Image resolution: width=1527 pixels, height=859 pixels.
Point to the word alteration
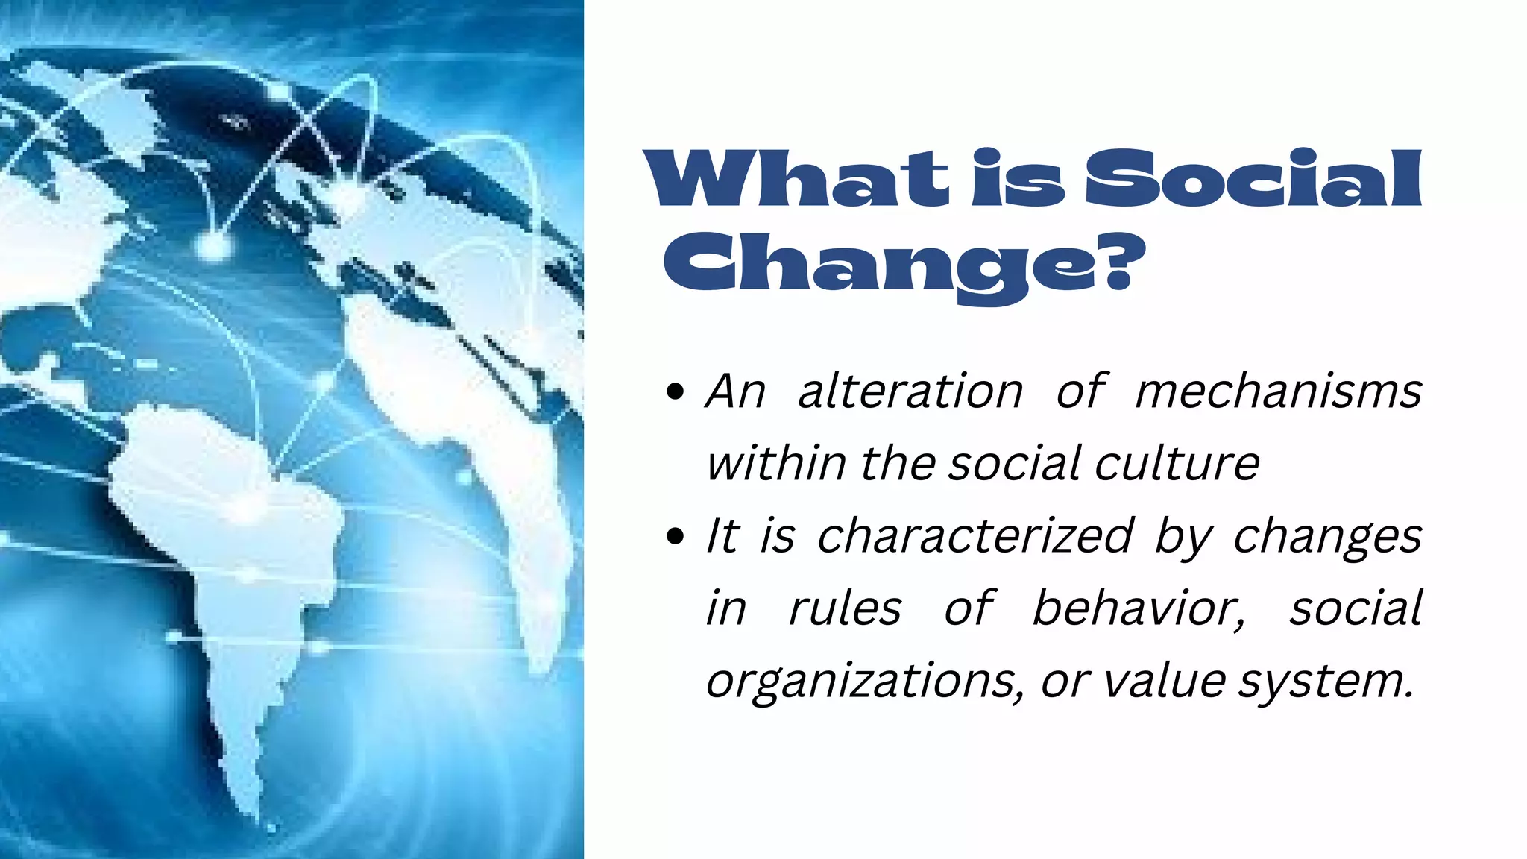(x=910, y=391)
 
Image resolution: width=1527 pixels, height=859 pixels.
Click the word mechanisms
(x=1278, y=391)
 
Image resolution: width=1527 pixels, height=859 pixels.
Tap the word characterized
(x=975, y=535)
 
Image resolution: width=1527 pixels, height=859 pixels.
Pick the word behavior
(x=1139, y=608)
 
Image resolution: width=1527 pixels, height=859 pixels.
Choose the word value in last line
(x=1164, y=680)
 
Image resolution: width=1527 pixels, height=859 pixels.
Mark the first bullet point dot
(x=675, y=392)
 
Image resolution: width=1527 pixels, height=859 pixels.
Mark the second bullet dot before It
(x=675, y=536)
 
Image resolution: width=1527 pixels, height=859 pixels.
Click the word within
(x=775, y=463)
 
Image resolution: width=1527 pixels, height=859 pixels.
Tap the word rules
(x=845, y=608)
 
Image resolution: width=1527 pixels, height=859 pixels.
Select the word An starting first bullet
(x=735, y=391)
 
